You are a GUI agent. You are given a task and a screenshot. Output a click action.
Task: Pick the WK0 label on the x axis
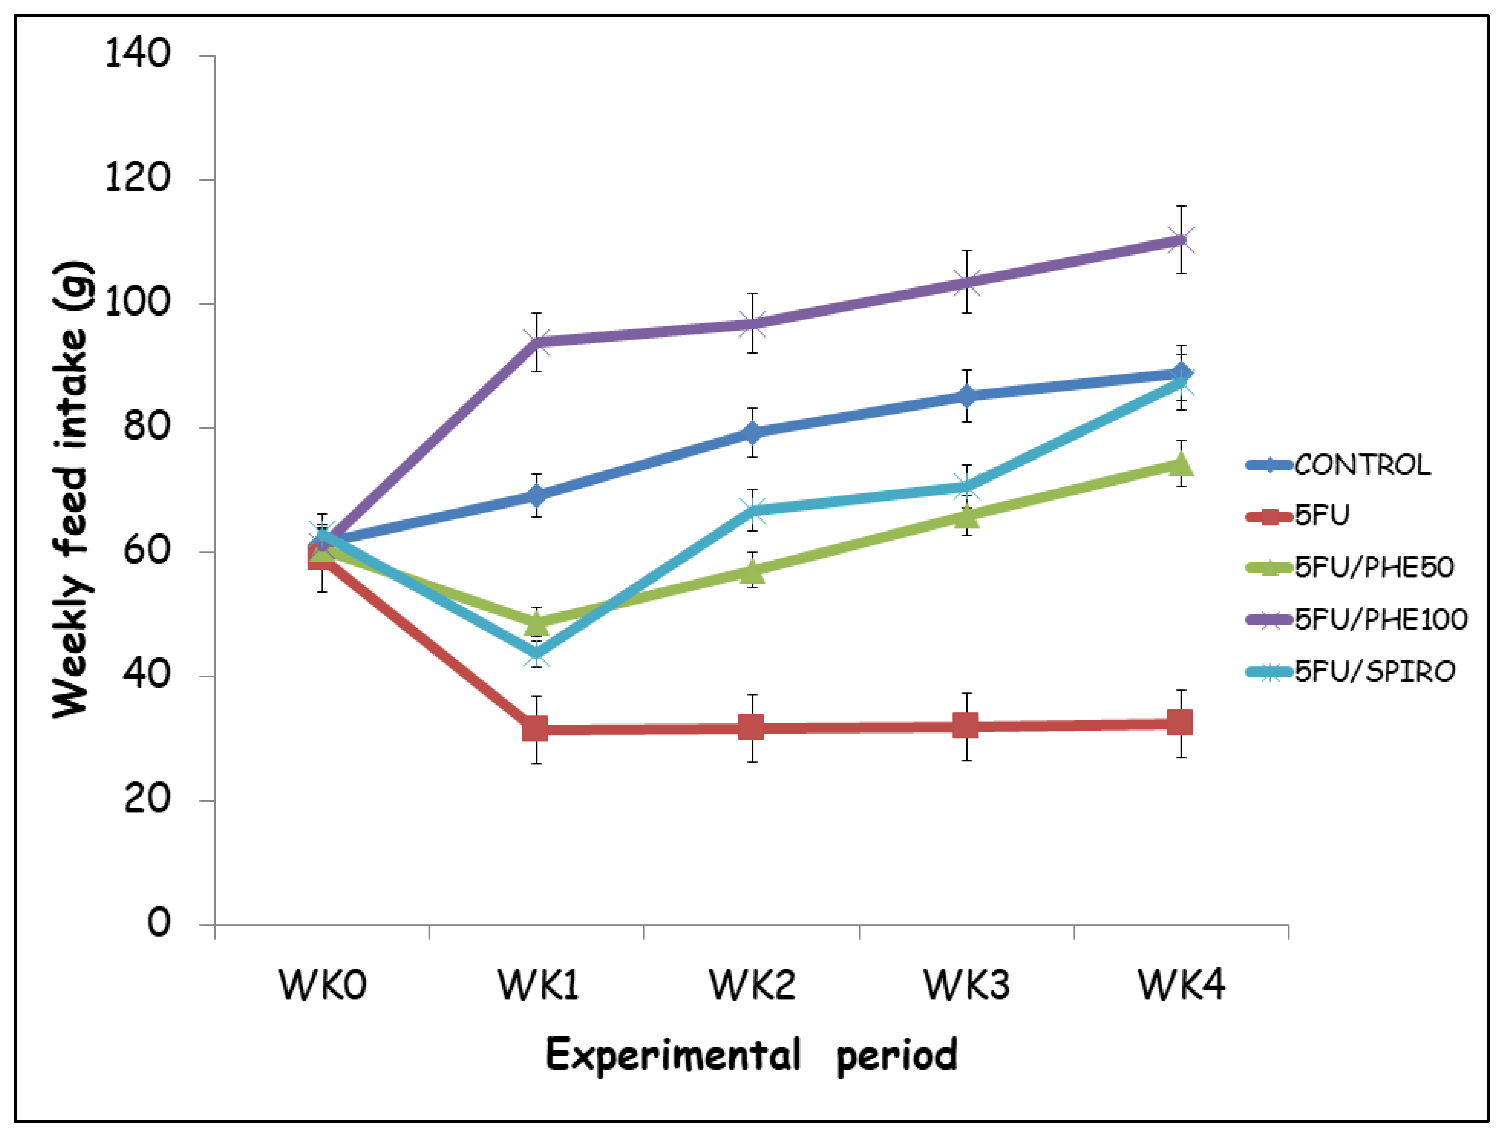(323, 985)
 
